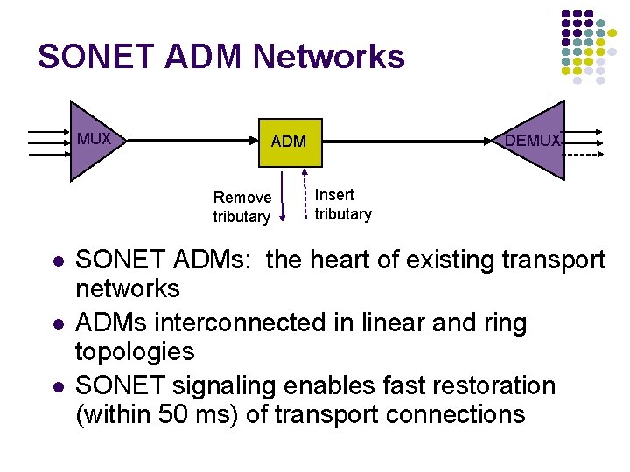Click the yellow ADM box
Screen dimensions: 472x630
pos(288,141)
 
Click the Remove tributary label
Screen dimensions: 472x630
pos(241,207)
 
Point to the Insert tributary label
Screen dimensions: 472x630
pos(343,205)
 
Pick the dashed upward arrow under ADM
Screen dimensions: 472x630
pos(306,198)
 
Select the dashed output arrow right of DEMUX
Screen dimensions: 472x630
pos(583,154)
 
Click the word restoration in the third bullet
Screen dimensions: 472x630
pos(472,385)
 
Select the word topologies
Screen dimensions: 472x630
pos(135,351)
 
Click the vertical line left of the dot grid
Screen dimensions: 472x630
pos(549,52)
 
